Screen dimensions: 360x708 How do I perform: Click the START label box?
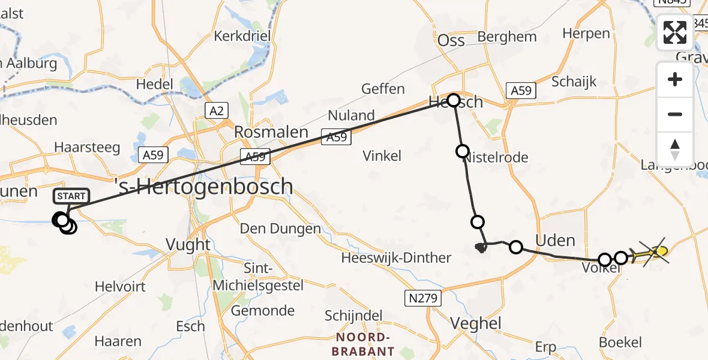click(x=71, y=196)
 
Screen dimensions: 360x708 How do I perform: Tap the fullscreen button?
click(x=675, y=32)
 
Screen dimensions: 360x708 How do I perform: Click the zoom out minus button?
click(x=675, y=114)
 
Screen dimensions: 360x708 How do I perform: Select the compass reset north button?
click(x=675, y=149)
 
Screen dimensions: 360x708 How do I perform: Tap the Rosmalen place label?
click(x=262, y=132)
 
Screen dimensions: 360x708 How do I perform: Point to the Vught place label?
click(x=189, y=244)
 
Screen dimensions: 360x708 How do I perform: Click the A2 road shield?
click(x=217, y=110)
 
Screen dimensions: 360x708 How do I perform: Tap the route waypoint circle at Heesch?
click(x=453, y=100)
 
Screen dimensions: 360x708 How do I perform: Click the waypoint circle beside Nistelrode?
click(x=462, y=151)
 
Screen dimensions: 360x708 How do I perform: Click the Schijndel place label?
click(x=353, y=315)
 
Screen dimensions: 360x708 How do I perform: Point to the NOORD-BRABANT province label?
click(x=365, y=344)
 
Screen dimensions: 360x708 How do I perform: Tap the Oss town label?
click(x=451, y=40)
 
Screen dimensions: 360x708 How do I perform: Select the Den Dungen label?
click(x=280, y=229)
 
